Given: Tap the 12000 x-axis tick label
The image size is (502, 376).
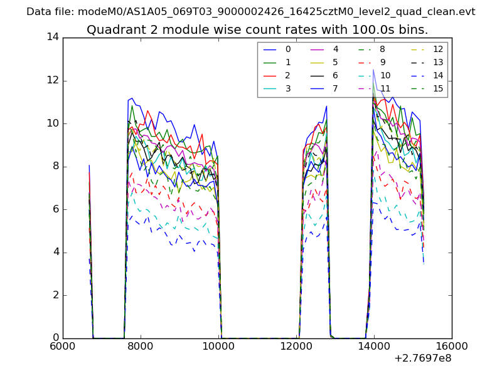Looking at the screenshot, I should (x=296, y=346).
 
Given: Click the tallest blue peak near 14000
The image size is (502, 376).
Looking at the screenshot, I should (x=373, y=70).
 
